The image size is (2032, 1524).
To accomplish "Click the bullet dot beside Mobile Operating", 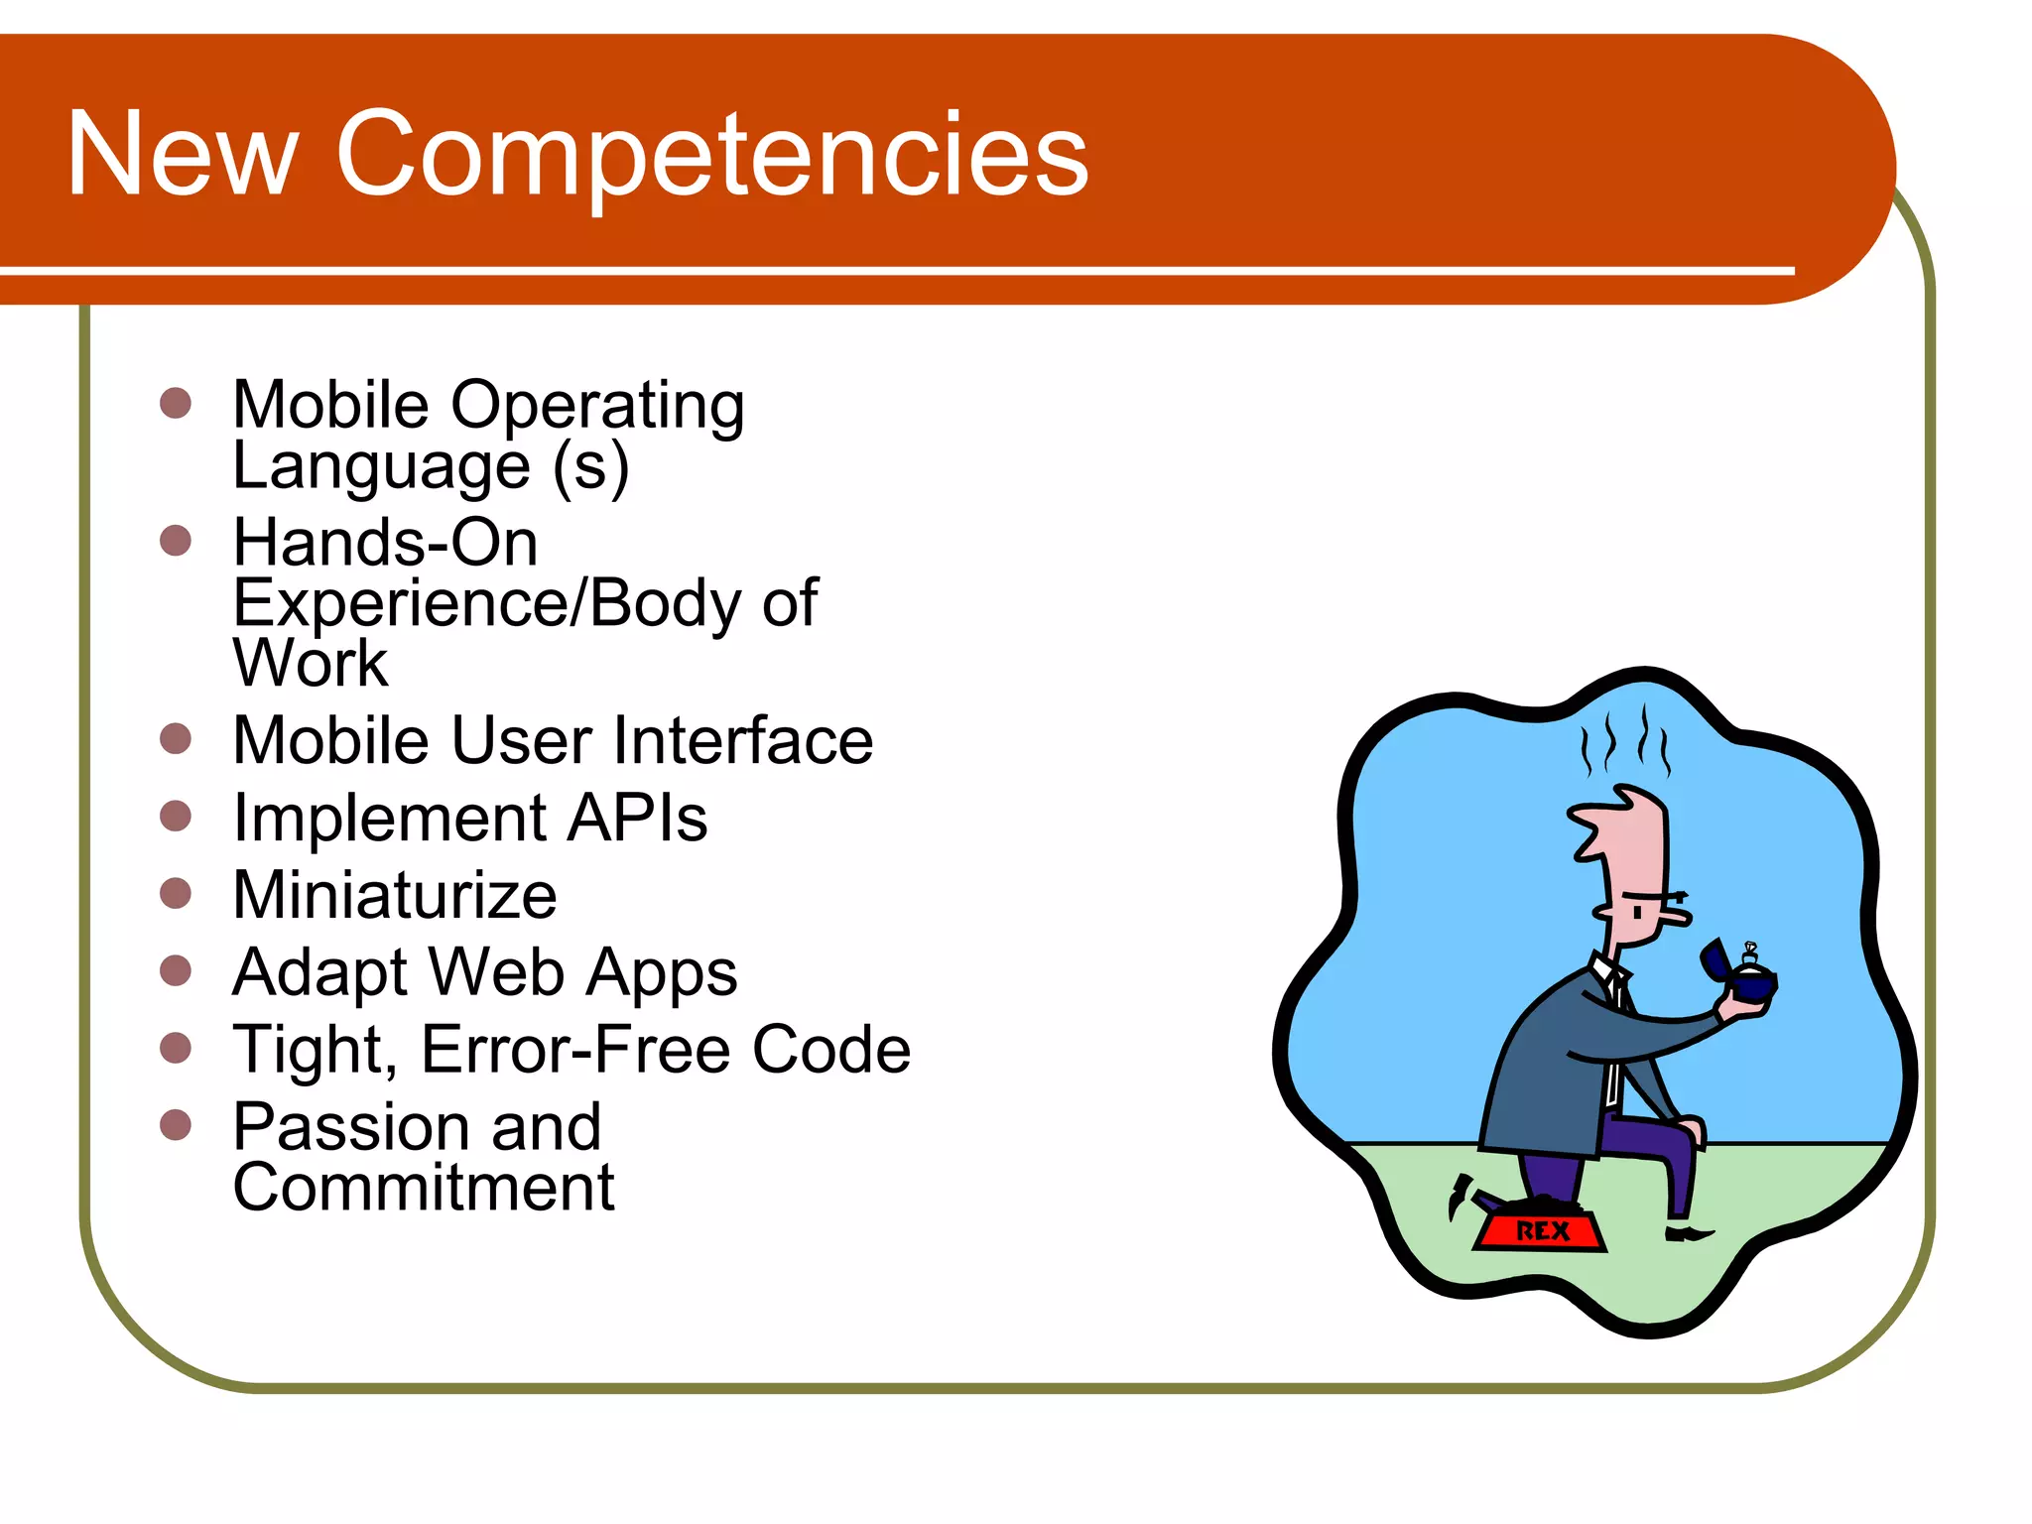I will point(176,403).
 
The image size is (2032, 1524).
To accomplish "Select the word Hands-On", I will point(385,543).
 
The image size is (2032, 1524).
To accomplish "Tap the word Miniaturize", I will point(394,895).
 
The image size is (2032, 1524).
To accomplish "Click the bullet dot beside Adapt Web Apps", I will point(176,970).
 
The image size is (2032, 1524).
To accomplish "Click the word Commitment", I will point(423,1188).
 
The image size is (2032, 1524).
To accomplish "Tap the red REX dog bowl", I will point(1539,1230).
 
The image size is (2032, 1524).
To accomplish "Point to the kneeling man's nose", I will point(1677,915).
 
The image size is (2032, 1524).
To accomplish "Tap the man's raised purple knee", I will point(1677,1131).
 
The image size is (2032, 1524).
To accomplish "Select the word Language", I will point(381,465).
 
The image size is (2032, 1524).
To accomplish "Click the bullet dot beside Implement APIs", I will point(176,817).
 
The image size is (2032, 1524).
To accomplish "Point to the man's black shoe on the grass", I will point(1687,1233).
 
